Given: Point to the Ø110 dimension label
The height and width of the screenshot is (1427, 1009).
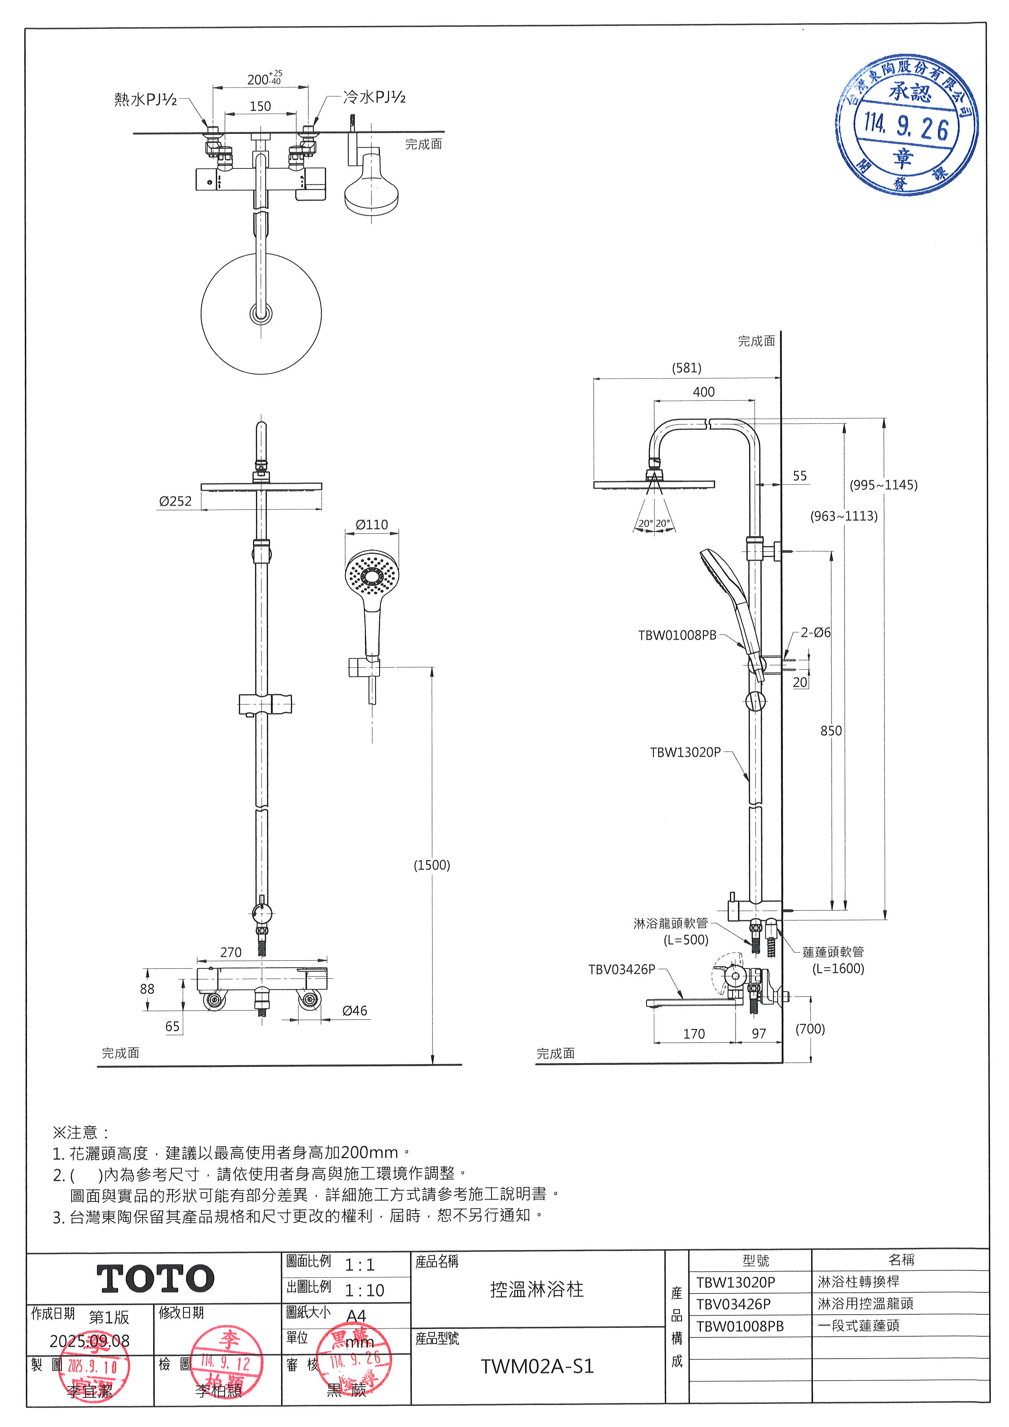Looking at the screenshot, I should pos(371,524).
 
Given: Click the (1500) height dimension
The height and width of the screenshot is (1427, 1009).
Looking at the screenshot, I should pos(432,865).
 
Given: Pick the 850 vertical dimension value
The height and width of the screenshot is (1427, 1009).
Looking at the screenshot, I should pos(831,731).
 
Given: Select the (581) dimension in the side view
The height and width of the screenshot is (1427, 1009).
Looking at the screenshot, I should pos(686,368).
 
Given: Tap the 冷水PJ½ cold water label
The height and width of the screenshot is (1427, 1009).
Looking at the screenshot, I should pos(375,97).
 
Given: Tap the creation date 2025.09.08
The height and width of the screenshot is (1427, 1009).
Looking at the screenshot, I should pos(90,1341).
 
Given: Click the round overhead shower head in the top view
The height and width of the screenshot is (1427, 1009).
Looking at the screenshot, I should pos(261,313).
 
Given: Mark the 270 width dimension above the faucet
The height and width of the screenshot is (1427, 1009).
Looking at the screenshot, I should pos(231,952).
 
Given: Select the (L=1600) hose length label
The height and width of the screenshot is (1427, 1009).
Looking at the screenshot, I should pos(838,968).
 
